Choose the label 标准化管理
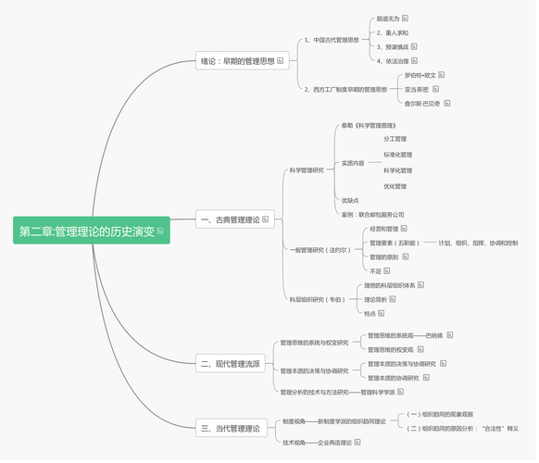[397, 155]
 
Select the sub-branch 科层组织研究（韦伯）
[317, 299]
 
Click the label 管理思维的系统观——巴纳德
[398, 335]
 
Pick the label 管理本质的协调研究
[393, 378]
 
